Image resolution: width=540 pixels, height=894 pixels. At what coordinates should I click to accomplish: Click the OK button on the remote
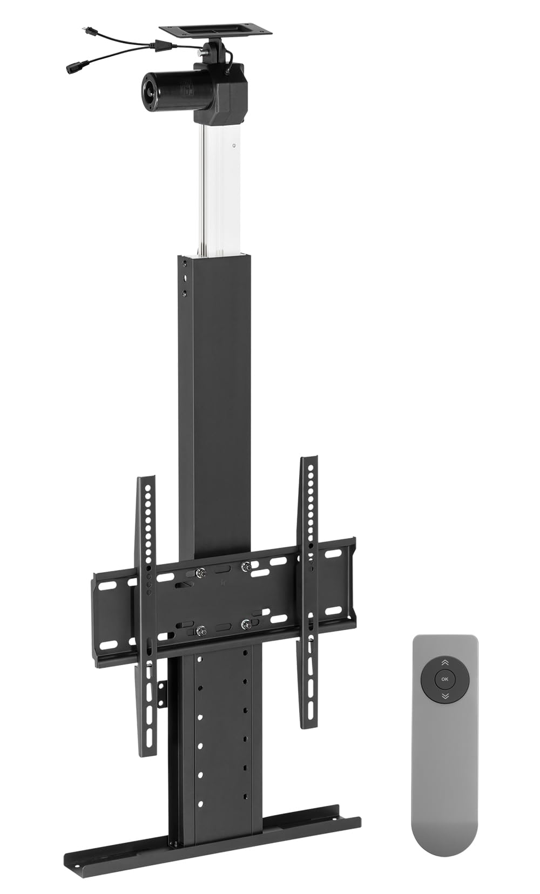tap(445, 679)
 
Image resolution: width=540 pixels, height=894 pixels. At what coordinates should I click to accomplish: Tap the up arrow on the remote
tap(445, 662)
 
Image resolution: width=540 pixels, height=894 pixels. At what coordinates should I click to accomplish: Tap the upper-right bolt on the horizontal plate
tap(246, 566)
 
